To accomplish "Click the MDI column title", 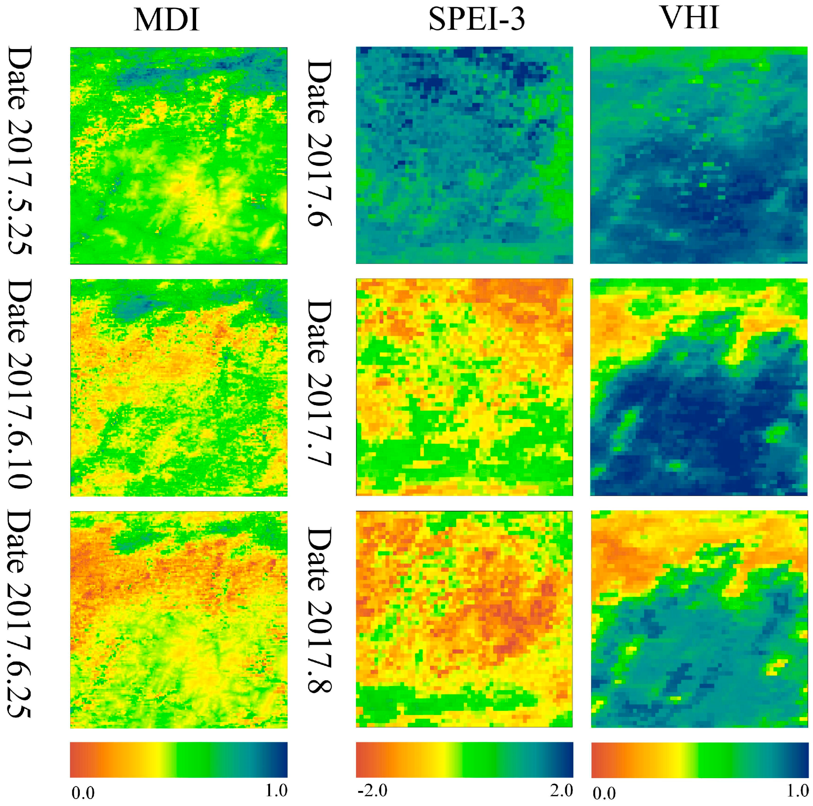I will click(x=167, y=20).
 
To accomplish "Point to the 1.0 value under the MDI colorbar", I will click(x=276, y=790).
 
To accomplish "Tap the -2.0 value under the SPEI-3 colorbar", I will click(x=372, y=790).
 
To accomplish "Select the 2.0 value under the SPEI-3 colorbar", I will click(x=561, y=790).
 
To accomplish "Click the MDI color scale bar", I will click(x=179, y=759).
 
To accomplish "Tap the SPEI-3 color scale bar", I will click(x=464, y=759).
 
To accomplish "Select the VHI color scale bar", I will click(x=700, y=759).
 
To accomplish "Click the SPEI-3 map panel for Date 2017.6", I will click(x=464, y=155).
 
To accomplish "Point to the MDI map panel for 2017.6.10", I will click(x=179, y=387).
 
